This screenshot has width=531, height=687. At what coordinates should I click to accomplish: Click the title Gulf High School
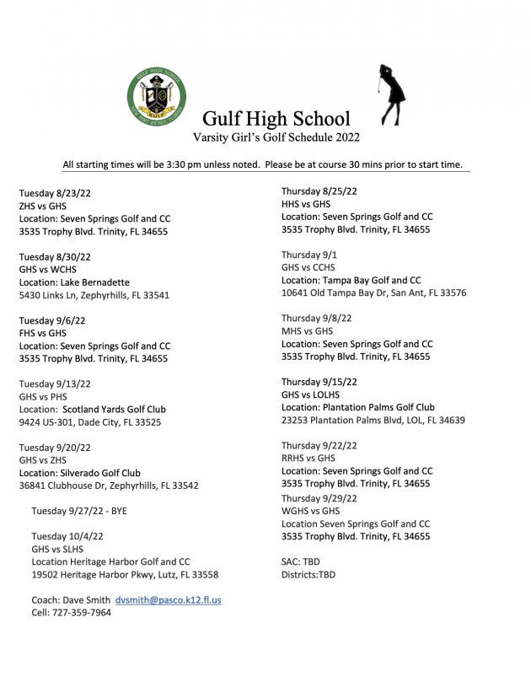[x=276, y=119]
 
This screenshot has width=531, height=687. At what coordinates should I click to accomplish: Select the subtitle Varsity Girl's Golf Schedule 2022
[x=276, y=137]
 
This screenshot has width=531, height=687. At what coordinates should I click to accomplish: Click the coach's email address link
[x=168, y=600]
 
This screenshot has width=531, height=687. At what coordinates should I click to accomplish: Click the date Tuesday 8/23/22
[x=55, y=193]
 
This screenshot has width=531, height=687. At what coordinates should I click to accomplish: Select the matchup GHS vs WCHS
[x=47, y=270]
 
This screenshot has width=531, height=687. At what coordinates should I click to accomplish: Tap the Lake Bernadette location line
[x=74, y=282]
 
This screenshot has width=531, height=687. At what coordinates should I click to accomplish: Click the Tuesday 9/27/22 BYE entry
[x=79, y=511]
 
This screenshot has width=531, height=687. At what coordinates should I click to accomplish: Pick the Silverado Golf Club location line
[x=80, y=473]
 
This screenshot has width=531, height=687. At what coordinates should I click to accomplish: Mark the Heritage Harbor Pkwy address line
[x=125, y=574]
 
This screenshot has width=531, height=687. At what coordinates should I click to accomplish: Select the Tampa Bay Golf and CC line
[x=351, y=280]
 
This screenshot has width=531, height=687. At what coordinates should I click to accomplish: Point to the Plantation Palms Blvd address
[x=373, y=420]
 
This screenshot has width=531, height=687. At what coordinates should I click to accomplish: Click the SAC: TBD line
[x=300, y=561]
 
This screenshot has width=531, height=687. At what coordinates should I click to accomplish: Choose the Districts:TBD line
[x=308, y=575]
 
